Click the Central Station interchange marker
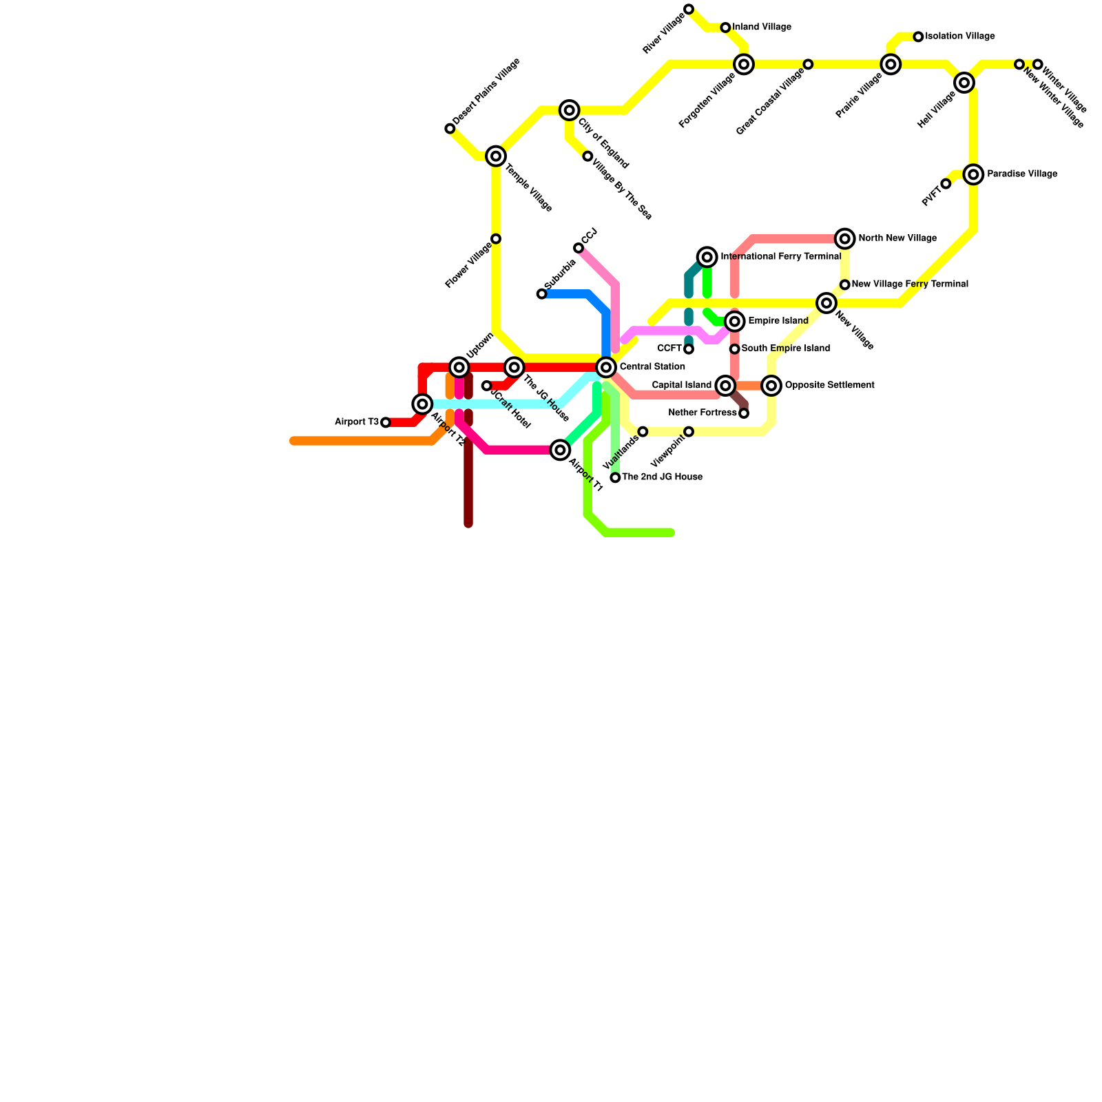pyautogui.click(x=606, y=367)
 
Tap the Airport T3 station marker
pyautogui.click(x=386, y=422)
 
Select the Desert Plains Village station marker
pyautogui.click(x=450, y=129)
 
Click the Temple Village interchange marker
pyautogui.click(x=496, y=156)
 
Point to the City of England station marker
pyautogui.click(x=569, y=110)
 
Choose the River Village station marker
pyautogui.click(x=689, y=9)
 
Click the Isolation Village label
pyautogui.click(x=960, y=37)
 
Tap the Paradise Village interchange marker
pyautogui.click(x=973, y=174)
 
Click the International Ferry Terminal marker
pyautogui.click(x=707, y=257)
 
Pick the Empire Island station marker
pyautogui.click(x=735, y=322)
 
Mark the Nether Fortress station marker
pyautogui.click(x=744, y=413)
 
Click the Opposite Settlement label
pyautogui.click(x=829, y=386)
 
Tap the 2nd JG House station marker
pyautogui.click(x=615, y=477)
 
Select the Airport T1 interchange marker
pyautogui.click(x=560, y=450)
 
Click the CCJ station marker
pyautogui.click(x=579, y=248)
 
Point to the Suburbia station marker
pyautogui.click(x=542, y=294)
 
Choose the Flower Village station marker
pyautogui.click(x=496, y=239)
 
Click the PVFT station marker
pyautogui.click(x=946, y=184)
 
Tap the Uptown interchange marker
pyautogui.click(x=459, y=367)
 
